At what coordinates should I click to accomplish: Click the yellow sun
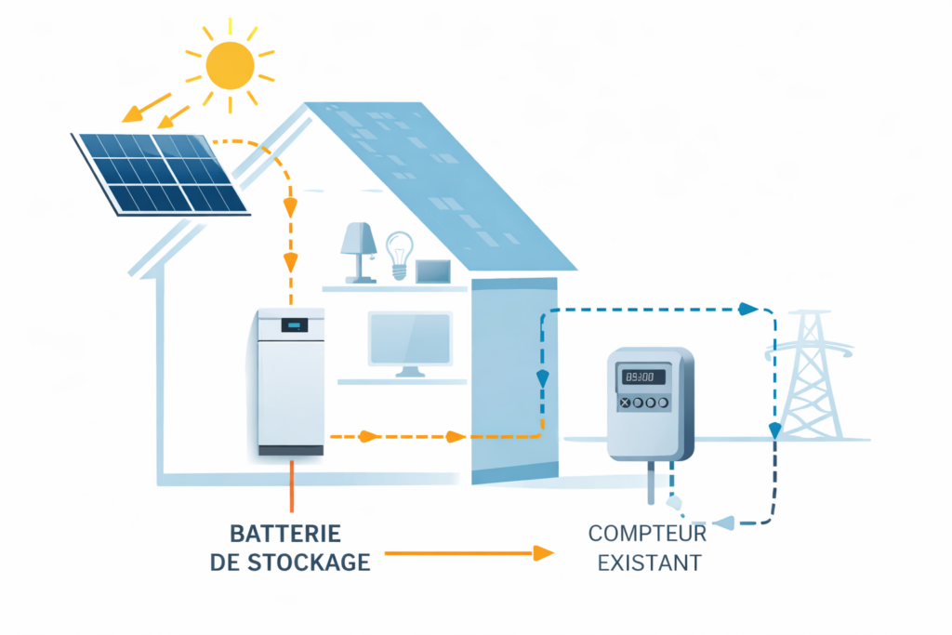point(230,63)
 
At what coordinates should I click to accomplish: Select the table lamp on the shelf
point(358,248)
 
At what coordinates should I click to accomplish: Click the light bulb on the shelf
point(400,254)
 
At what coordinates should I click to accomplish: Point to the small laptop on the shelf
point(433,271)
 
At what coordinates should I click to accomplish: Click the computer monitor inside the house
point(410,340)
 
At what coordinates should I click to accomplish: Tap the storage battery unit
point(290,381)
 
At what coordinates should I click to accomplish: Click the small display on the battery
point(294,324)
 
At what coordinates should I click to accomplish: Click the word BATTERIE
point(284,535)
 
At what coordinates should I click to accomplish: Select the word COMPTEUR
point(647,535)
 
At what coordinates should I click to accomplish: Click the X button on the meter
point(625,403)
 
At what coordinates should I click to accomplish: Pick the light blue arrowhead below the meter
point(721,524)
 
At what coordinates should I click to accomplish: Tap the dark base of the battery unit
point(290,451)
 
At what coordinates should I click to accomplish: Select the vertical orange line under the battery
point(291,485)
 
